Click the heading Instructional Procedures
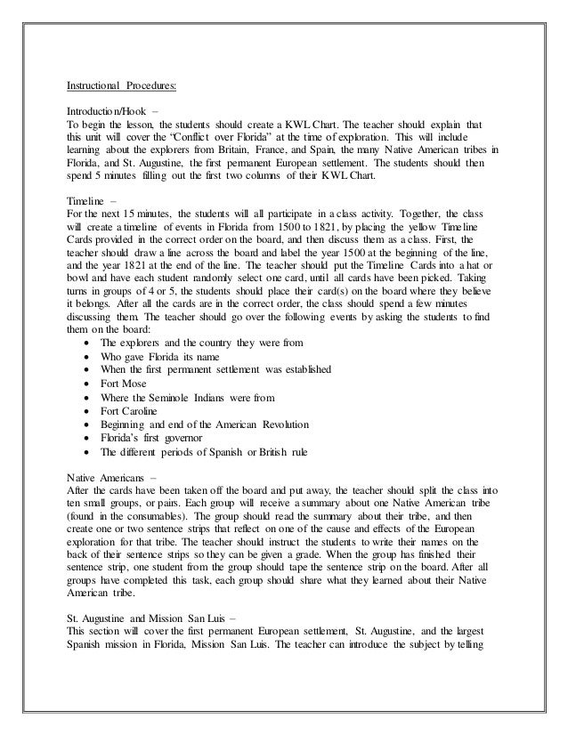[122, 86]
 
